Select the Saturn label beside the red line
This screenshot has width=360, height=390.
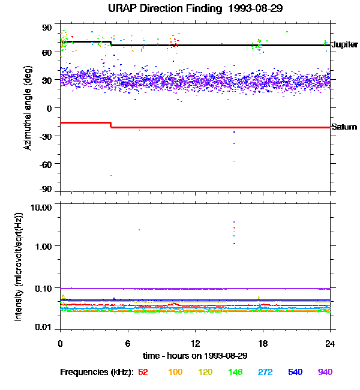[344, 127]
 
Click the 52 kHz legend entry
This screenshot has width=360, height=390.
[143, 372]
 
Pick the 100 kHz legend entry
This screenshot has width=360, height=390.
[175, 372]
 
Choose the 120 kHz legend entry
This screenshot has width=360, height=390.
[205, 372]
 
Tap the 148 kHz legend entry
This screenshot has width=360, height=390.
[235, 372]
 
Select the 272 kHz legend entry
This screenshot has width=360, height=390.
[265, 372]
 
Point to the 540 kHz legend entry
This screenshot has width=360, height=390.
[295, 372]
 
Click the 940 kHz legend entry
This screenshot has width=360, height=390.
[325, 372]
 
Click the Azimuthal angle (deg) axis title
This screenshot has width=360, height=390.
[28, 108]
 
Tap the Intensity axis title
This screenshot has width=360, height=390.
[19, 266]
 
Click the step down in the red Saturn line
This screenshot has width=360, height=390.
[111, 125]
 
